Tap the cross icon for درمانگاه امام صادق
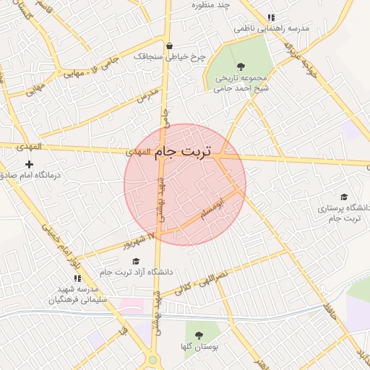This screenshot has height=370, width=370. click(x=29, y=165)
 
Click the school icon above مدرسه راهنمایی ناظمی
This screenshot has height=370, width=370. click(x=271, y=17)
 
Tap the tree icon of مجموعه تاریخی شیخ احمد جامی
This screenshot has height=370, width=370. click(x=241, y=66)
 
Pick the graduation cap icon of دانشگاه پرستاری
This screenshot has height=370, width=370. click(x=344, y=197)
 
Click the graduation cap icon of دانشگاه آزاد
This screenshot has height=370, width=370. click(x=137, y=262)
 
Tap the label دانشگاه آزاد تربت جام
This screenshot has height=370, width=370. click(x=137, y=272)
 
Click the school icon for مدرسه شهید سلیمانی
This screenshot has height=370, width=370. click(x=77, y=278)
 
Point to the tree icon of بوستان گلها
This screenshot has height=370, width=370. click(x=197, y=335)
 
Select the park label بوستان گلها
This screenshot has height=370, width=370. click(x=197, y=347)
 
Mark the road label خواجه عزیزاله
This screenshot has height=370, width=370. click(x=300, y=58)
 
